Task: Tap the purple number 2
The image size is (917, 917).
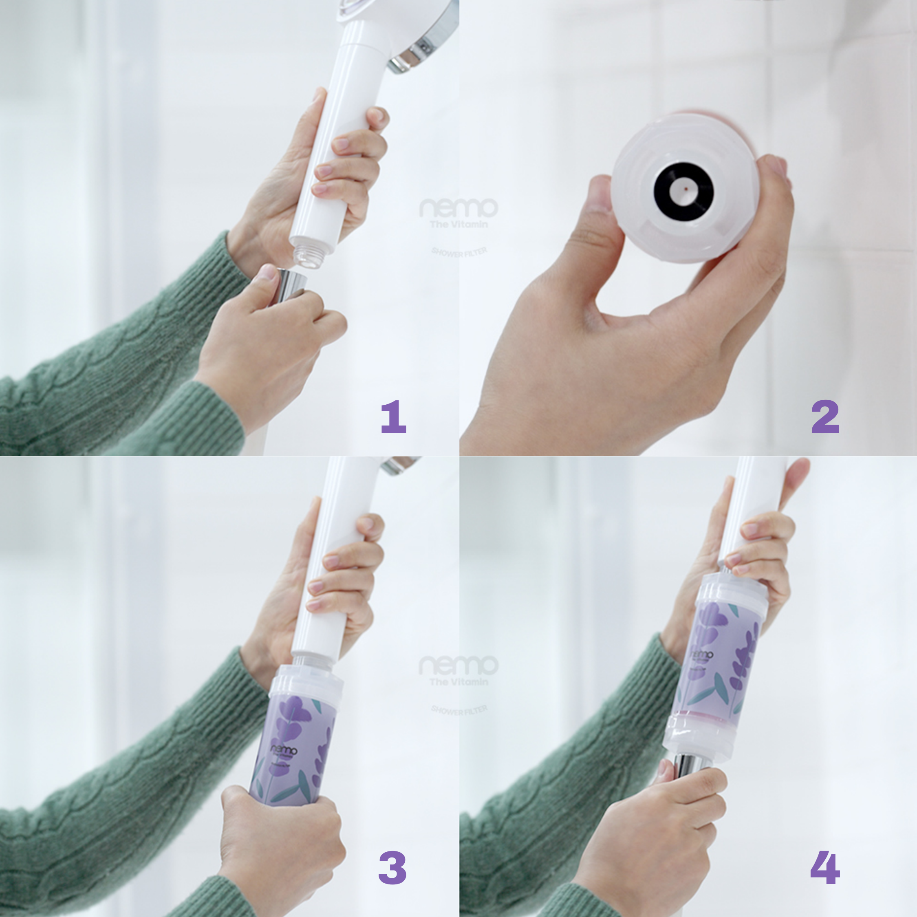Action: (825, 417)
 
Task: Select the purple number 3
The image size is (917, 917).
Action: (393, 867)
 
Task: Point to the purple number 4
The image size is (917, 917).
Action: (825, 867)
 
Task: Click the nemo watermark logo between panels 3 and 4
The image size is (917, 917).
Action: (458, 666)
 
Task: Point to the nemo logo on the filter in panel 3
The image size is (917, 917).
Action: (284, 750)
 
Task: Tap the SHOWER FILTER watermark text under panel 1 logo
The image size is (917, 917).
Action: (459, 252)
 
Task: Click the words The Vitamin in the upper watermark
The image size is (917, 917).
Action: (458, 224)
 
